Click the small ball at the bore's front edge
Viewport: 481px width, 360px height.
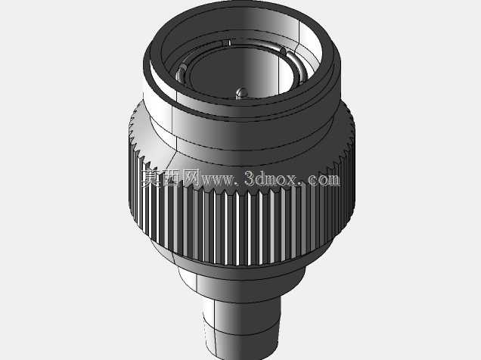click(x=242, y=93)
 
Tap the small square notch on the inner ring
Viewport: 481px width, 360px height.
click(x=226, y=43)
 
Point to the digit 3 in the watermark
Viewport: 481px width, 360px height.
click(x=250, y=178)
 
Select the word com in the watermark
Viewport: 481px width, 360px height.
click(x=324, y=180)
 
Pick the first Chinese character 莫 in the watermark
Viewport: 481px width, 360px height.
click(x=151, y=178)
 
